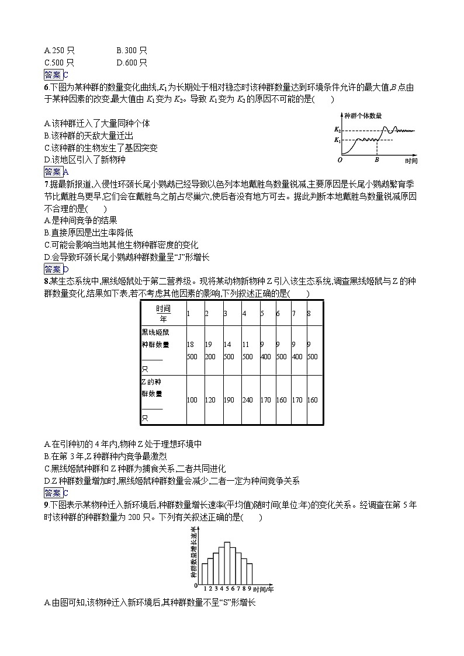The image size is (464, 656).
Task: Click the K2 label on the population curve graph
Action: [x=337, y=129]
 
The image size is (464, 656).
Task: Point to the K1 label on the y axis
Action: [x=337, y=140]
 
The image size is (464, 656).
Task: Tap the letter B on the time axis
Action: [x=377, y=159]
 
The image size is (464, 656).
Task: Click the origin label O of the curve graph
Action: [x=340, y=159]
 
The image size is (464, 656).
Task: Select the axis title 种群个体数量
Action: [x=363, y=116]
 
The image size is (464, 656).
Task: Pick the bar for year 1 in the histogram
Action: [x=205, y=572]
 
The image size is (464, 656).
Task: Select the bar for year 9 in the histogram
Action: [x=250, y=572]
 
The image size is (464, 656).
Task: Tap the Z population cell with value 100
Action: [x=192, y=400]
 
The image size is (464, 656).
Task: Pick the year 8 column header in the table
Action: [x=309, y=314]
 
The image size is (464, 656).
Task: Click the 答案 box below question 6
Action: [x=53, y=172]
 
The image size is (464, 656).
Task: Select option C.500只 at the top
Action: [x=59, y=63]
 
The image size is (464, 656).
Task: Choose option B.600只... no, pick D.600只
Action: [x=131, y=63]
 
